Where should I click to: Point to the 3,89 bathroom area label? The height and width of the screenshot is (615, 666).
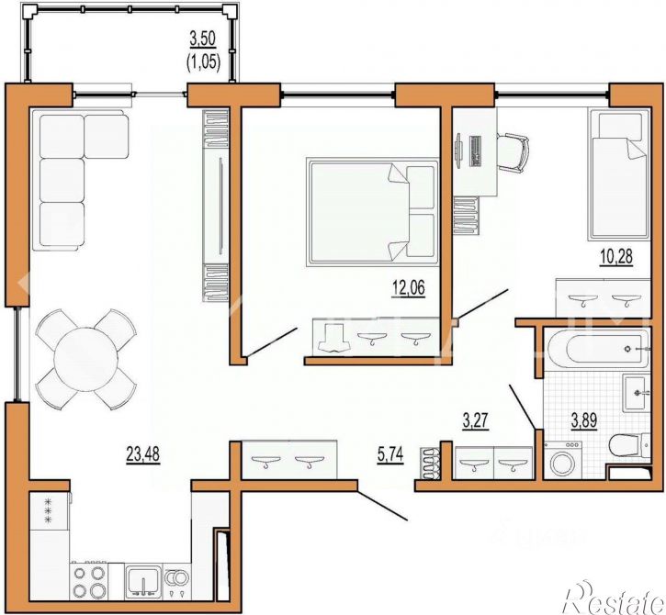pyautogui.click(x=587, y=422)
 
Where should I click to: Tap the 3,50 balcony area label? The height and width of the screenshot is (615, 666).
pyautogui.click(x=204, y=39)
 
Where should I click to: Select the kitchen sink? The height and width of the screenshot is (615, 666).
pyautogui.click(x=142, y=580)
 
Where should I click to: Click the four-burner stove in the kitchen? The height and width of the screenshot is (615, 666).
pyautogui.click(x=89, y=580)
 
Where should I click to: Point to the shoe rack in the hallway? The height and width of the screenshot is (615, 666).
pyautogui.click(x=429, y=462)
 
